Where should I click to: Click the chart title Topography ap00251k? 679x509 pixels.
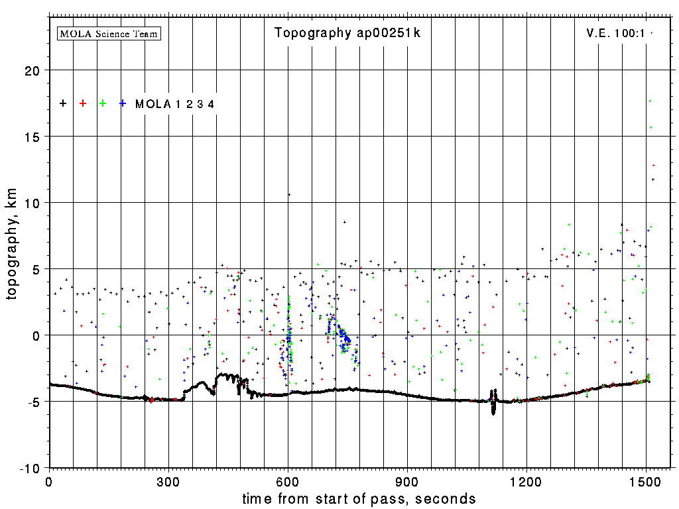point(347,33)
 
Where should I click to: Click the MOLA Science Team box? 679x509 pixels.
point(109,33)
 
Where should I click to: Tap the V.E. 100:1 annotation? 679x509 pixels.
point(615,33)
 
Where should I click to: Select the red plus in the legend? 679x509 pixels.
point(83,103)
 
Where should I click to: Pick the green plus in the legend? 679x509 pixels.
point(103,103)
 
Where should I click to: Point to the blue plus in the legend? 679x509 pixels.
point(123,103)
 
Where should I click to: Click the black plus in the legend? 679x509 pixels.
point(63,103)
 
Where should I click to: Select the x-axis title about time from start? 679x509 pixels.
point(359,498)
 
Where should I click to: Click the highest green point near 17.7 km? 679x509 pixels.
point(650,101)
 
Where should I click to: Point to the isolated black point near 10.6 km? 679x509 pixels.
point(289,195)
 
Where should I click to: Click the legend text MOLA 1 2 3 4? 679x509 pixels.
point(174,104)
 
